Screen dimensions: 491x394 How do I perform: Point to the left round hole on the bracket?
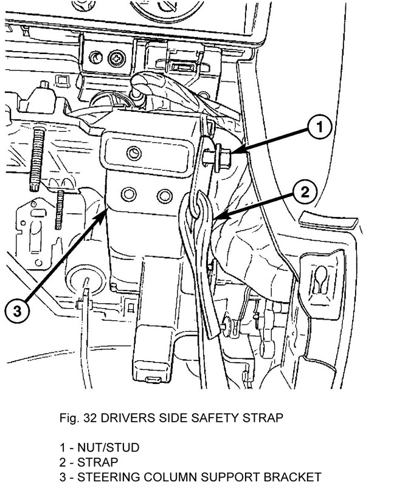(x=129, y=194)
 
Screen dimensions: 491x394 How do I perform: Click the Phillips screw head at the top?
(x=116, y=59)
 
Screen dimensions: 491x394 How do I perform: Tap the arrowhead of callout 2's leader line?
(x=210, y=218)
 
